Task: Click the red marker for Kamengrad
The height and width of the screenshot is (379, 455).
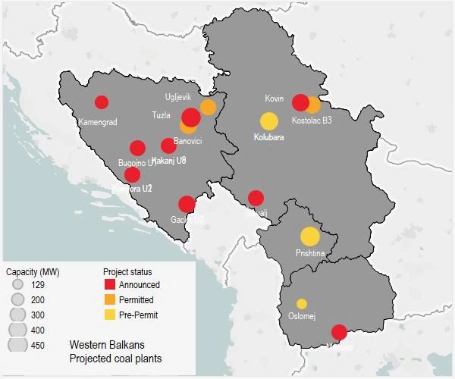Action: (102, 102)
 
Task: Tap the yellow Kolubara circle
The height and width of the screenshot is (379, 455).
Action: (269, 121)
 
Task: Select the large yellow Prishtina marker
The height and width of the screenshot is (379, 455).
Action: (309, 236)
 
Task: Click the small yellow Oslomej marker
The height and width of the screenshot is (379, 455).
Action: (302, 303)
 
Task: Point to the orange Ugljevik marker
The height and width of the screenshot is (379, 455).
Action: (208, 107)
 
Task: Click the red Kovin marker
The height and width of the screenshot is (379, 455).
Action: (301, 102)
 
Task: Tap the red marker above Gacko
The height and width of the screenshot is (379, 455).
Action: (187, 203)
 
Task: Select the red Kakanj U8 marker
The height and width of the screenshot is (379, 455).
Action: (168, 146)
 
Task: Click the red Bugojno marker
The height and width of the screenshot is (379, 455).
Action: (137, 148)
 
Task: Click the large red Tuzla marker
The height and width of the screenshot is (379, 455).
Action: (191, 117)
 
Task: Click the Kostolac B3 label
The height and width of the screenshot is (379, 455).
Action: (312, 120)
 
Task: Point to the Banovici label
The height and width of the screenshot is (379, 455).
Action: (188, 141)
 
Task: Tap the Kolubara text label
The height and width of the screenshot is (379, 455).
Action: (268, 137)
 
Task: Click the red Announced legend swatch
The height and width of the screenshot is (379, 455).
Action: (110, 285)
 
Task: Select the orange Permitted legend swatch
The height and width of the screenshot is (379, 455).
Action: (110, 299)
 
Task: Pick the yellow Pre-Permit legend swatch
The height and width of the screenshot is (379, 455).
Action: (110, 314)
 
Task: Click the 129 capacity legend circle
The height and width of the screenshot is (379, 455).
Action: (18, 285)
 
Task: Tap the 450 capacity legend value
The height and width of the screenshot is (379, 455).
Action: (38, 345)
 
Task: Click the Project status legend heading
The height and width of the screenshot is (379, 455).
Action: (127, 271)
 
